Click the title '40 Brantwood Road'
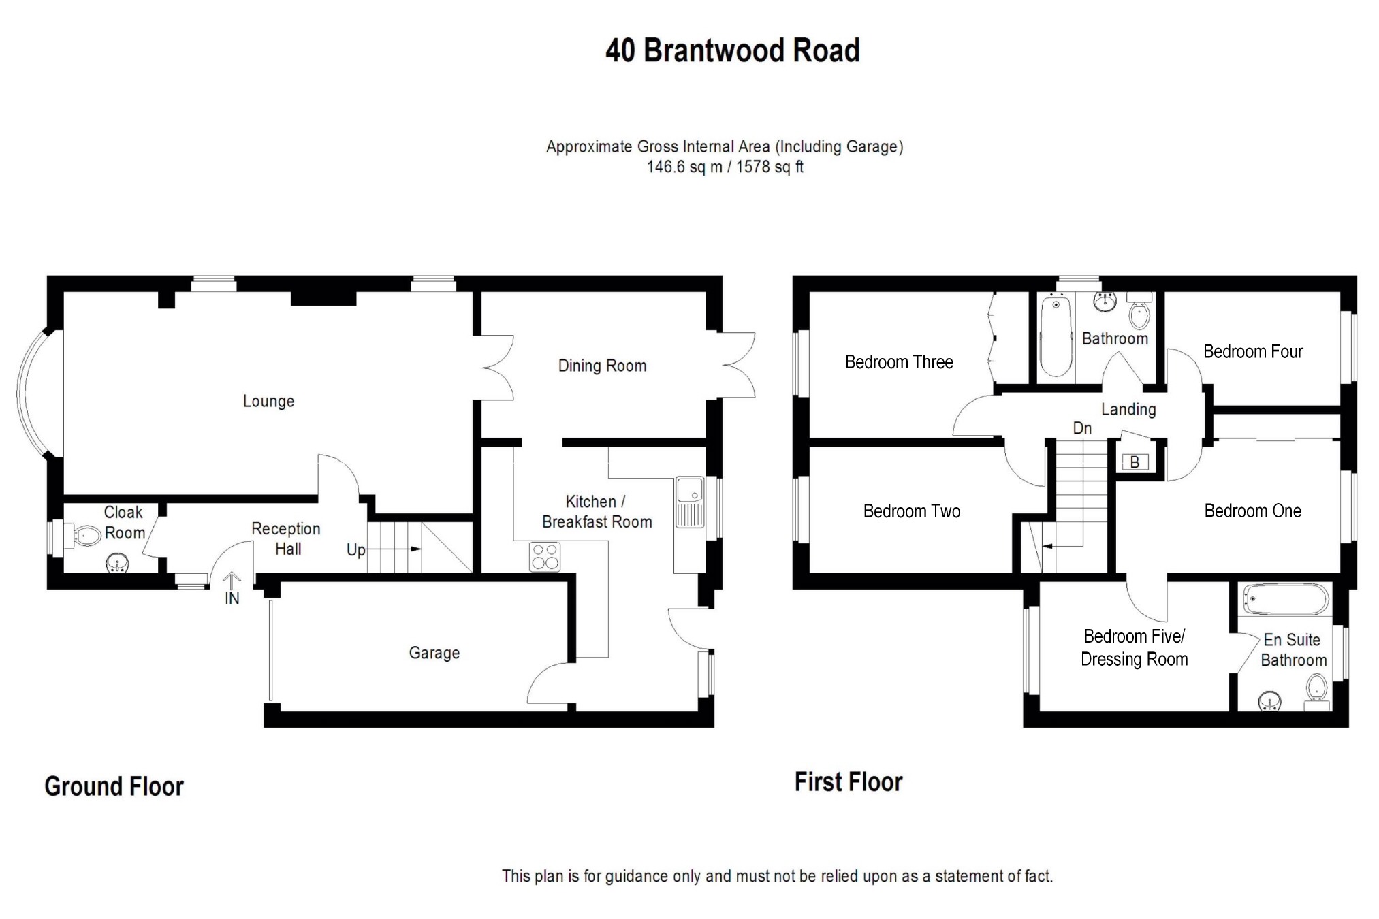tap(732, 50)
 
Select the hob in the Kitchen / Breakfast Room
tap(545, 556)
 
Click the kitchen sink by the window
tap(690, 502)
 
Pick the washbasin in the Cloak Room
tap(117, 564)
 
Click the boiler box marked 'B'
tap(1135, 462)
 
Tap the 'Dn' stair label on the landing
tap(1082, 428)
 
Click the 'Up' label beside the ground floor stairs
tap(356, 549)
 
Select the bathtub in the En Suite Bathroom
tap(1285, 600)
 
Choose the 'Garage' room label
tap(434, 653)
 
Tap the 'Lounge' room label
tap(268, 401)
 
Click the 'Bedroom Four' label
tap(1252, 351)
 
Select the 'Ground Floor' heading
tap(114, 786)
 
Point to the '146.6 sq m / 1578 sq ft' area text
tap(725, 167)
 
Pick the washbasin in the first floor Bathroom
tap(1106, 301)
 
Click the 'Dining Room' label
tap(602, 366)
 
